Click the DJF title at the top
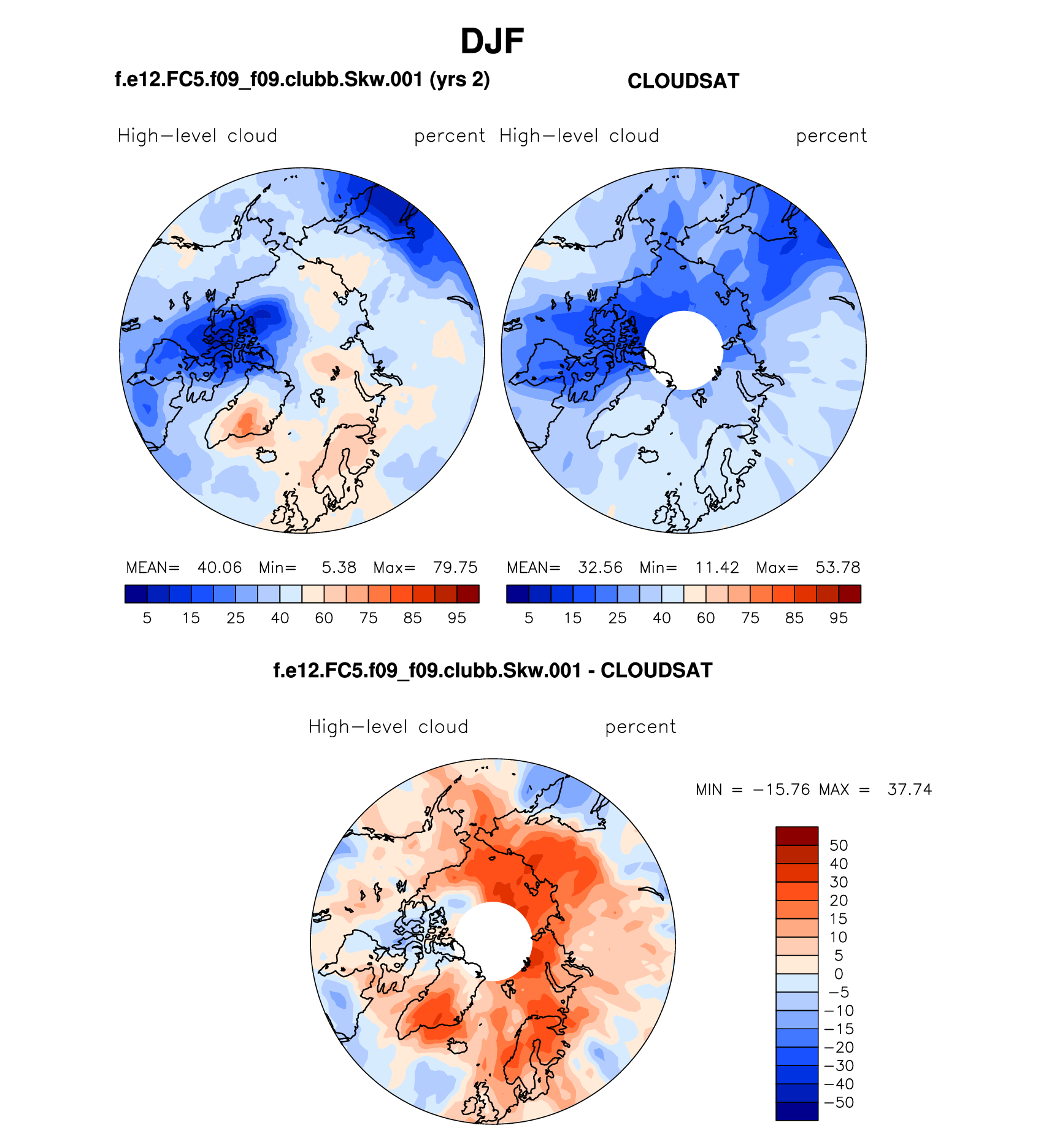pos(492,42)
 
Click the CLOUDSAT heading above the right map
pos(683,81)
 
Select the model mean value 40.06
pos(220,567)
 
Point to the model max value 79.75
pos(455,567)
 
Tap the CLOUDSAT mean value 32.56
pos(600,567)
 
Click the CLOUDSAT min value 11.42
pos(717,567)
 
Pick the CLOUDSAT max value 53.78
pos(838,567)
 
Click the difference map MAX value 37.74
pos(910,789)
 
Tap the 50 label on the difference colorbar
pos(839,845)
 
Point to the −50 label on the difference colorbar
pos(839,1102)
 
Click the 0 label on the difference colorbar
pos(839,974)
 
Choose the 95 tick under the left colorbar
pos(457,618)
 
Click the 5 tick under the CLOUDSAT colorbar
pos(529,618)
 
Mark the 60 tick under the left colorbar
pos(324,618)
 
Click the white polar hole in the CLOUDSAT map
pos(683,350)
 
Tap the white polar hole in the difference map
pos(493,941)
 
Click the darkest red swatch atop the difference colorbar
pos(797,836)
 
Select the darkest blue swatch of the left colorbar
pos(136,594)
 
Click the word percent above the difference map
pos(640,727)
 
